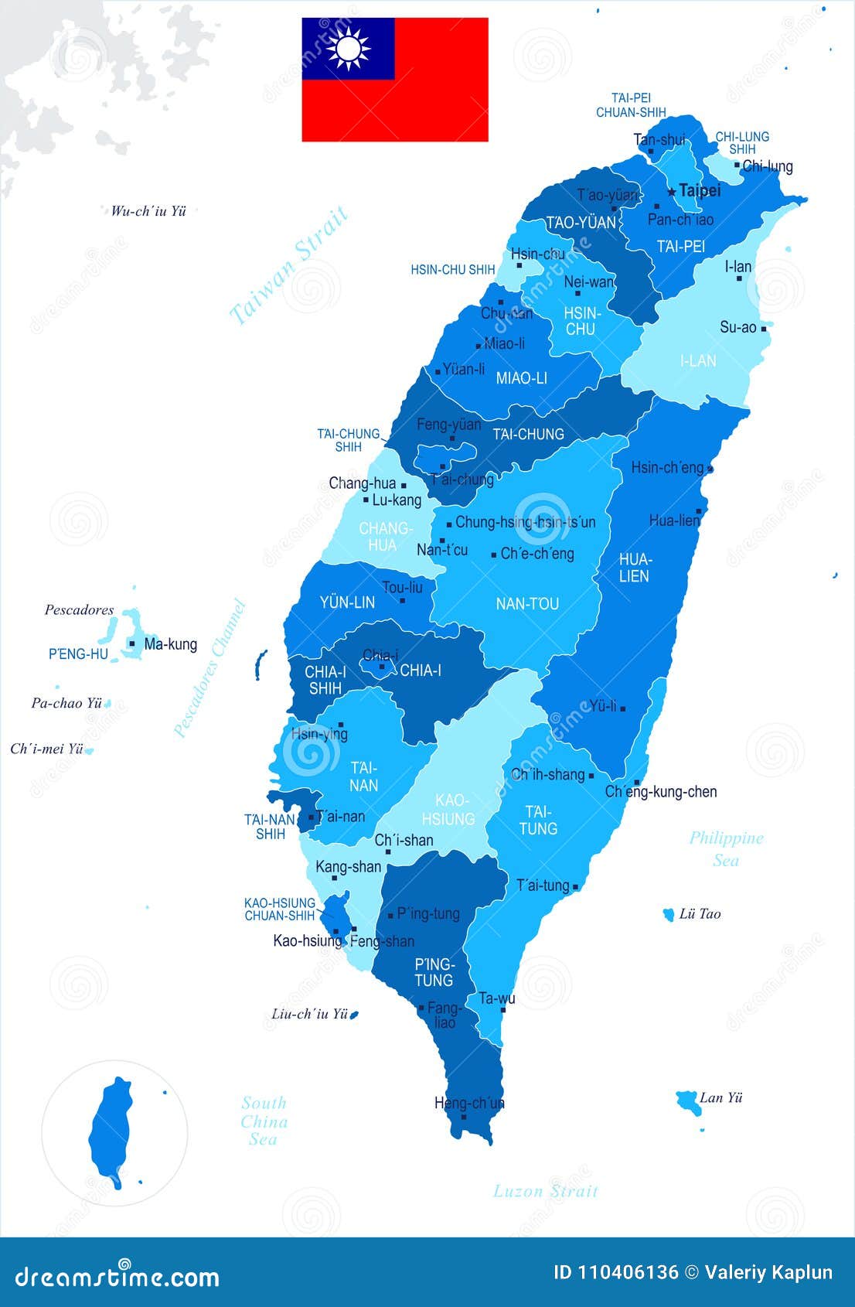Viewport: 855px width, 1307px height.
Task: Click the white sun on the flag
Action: point(348,49)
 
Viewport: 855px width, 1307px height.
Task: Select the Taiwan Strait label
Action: point(289,264)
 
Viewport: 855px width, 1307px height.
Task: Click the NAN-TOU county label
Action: point(527,603)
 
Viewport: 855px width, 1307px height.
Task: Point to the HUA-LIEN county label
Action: point(634,568)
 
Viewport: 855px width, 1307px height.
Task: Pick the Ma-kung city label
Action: point(170,644)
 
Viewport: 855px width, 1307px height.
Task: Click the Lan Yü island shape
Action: point(687,1101)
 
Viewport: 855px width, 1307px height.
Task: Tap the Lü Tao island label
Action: point(700,914)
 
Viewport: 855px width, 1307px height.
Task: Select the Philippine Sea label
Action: point(726,848)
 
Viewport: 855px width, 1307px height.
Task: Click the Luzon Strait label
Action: point(546,1191)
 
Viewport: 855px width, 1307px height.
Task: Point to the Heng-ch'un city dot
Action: point(464,1116)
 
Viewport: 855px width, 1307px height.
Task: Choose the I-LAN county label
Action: point(697,360)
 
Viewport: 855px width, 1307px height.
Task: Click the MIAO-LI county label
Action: point(521,378)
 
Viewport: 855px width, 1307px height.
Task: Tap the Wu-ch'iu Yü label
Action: point(148,210)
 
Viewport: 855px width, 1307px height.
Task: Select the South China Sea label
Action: point(264,1121)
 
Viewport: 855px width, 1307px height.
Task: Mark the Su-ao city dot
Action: point(764,329)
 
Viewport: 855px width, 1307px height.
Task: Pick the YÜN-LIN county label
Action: point(347,602)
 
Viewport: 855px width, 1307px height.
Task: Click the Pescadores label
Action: point(79,610)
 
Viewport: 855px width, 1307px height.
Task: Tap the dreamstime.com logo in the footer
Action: point(118,1276)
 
